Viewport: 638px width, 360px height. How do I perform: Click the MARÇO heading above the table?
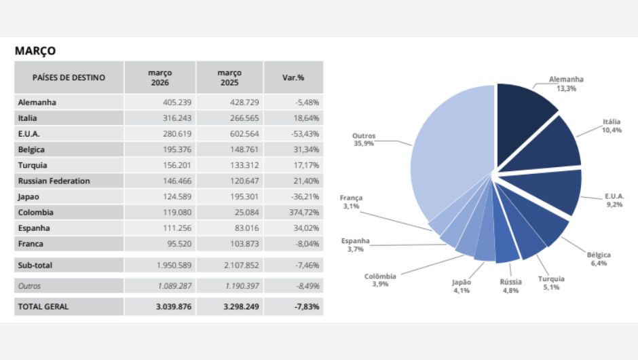point(35,51)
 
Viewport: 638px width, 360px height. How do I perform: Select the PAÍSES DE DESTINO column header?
point(69,77)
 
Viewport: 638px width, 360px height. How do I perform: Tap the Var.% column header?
point(293,77)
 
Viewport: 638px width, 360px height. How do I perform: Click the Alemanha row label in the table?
point(37,103)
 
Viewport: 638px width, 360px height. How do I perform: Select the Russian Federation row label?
point(54,181)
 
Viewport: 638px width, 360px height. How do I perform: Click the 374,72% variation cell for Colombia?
point(303,212)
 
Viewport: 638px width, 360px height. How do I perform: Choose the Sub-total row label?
point(36,265)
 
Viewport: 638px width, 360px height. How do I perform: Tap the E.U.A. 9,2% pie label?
point(614,200)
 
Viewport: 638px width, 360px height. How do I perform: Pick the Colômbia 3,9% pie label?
point(380,280)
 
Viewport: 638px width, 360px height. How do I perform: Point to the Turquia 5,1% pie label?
point(550,283)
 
